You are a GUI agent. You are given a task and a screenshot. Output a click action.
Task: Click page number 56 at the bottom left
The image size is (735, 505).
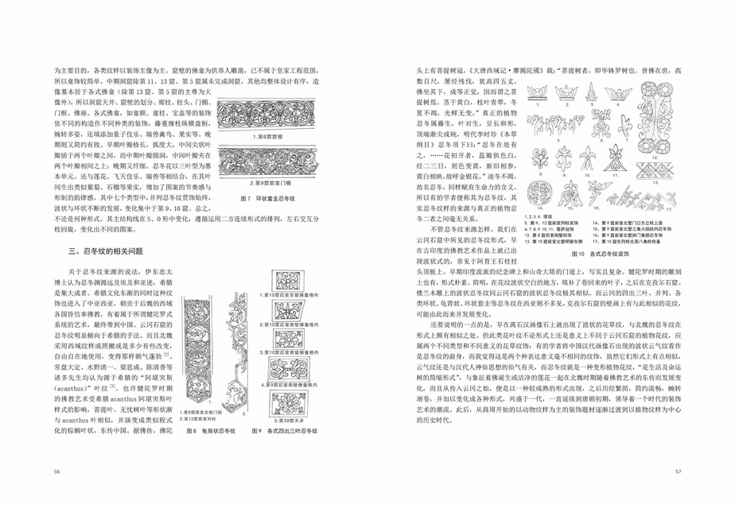[x=57, y=471]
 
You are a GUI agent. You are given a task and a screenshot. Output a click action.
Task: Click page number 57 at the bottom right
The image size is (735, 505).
[x=679, y=471]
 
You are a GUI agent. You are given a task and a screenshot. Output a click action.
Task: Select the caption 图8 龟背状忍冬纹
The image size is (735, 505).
[x=206, y=431]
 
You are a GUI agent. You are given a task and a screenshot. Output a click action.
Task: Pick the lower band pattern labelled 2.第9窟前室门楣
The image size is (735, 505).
[x=263, y=165]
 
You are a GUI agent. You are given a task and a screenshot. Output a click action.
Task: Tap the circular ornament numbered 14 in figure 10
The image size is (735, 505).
[x=537, y=193]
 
